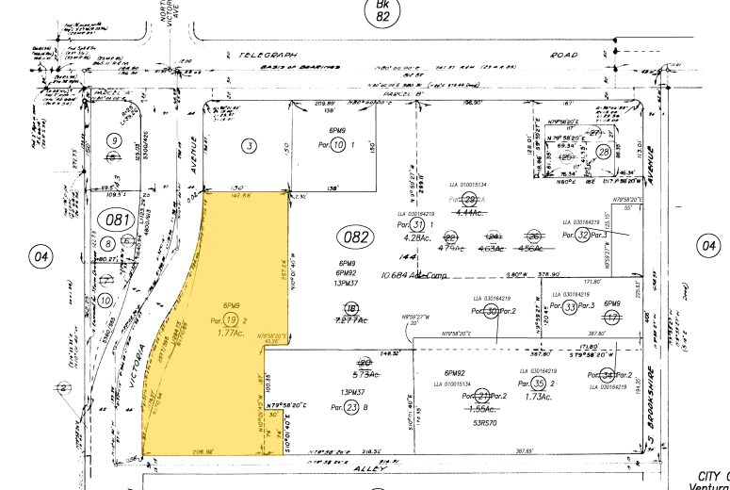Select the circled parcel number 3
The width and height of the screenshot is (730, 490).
249,146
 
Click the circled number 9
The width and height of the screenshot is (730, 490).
115,141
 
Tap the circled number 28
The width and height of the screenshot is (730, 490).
603,153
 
